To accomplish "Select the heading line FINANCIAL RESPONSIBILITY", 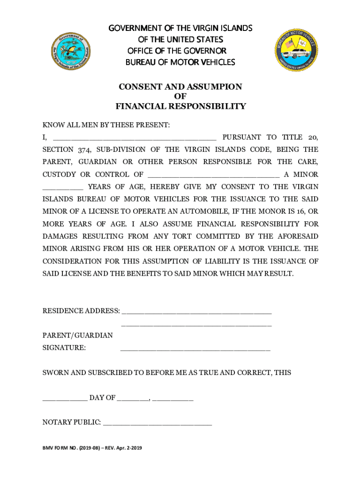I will tap(180, 106).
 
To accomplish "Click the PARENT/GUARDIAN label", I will tap(77, 335).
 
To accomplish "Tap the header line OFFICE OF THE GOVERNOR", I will tap(177, 51).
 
